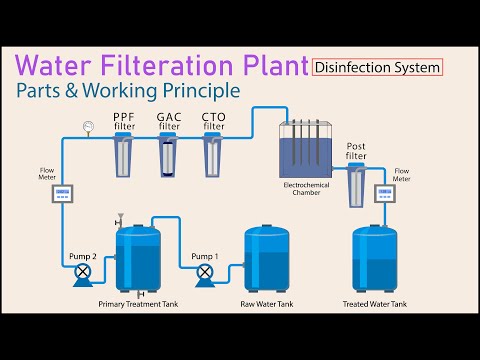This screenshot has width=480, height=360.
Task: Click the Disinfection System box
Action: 378,68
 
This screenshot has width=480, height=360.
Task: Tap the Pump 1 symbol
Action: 204,270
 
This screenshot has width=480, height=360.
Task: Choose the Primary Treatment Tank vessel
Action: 137,260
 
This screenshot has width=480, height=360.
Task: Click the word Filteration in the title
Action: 132,66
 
